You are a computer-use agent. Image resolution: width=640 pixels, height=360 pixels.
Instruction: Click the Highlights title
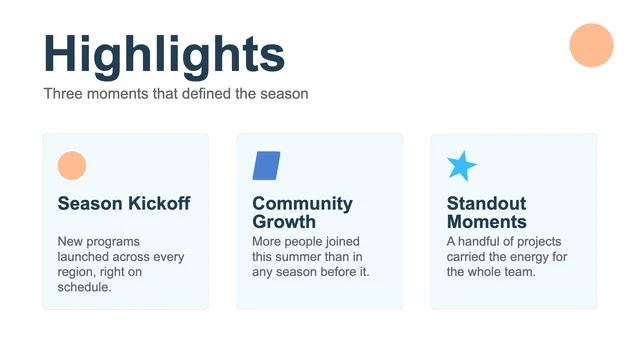tap(164, 55)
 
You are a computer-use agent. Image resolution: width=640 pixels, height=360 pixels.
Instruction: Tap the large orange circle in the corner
tap(591, 45)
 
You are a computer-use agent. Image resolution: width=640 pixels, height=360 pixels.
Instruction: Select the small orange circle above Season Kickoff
tap(72, 166)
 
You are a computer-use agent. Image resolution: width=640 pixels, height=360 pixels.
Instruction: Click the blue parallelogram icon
tap(266, 166)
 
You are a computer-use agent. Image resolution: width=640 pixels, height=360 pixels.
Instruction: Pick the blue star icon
tap(462, 166)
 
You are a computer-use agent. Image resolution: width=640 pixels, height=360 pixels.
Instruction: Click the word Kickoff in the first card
tap(159, 203)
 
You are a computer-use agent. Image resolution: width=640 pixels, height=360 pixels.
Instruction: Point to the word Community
tap(302, 204)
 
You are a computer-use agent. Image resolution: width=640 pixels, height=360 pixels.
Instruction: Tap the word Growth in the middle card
tap(284, 222)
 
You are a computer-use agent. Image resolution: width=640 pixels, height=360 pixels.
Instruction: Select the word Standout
tap(486, 203)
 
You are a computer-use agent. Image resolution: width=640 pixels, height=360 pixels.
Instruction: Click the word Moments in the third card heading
tap(487, 222)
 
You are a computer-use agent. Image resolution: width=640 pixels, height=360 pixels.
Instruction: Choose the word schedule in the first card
tap(84, 287)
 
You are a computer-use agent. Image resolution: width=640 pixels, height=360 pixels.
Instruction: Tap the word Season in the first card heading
tap(90, 203)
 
